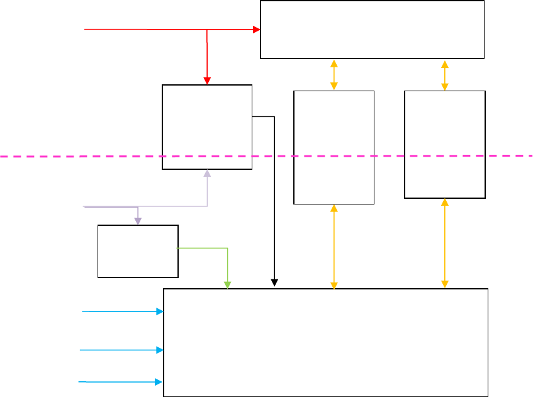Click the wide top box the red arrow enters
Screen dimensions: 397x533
pyautogui.click(x=372, y=30)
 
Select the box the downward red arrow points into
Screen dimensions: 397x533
pyautogui.click(x=207, y=126)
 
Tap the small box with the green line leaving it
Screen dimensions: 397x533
pyautogui.click(x=138, y=251)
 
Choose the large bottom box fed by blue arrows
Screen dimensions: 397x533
pyautogui.click(x=325, y=342)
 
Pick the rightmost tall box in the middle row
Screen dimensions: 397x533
pyautogui.click(x=444, y=144)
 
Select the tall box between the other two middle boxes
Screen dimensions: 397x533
pyautogui.click(x=334, y=147)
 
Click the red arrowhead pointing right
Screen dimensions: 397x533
pyautogui.click(x=257, y=30)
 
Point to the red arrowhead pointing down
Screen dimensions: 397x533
pyautogui.click(x=207, y=81)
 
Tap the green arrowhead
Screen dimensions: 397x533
pyautogui.click(x=227, y=284)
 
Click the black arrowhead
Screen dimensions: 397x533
pyautogui.click(x=274, y=282)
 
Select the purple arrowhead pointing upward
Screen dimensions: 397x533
pyautogui.click(x=207, y=174)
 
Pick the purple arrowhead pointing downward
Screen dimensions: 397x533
pyautogui.click(x=138, y=221)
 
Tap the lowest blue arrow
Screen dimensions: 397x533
pyautogui.click(x=120, y=381)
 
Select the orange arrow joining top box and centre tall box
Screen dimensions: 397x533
pyautogui.click(x=334, y=75)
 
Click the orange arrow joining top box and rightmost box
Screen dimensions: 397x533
pyautogui.click(x=445, y=75)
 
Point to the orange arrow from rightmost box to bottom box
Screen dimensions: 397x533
pyautogui.click(x=445, y=243)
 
